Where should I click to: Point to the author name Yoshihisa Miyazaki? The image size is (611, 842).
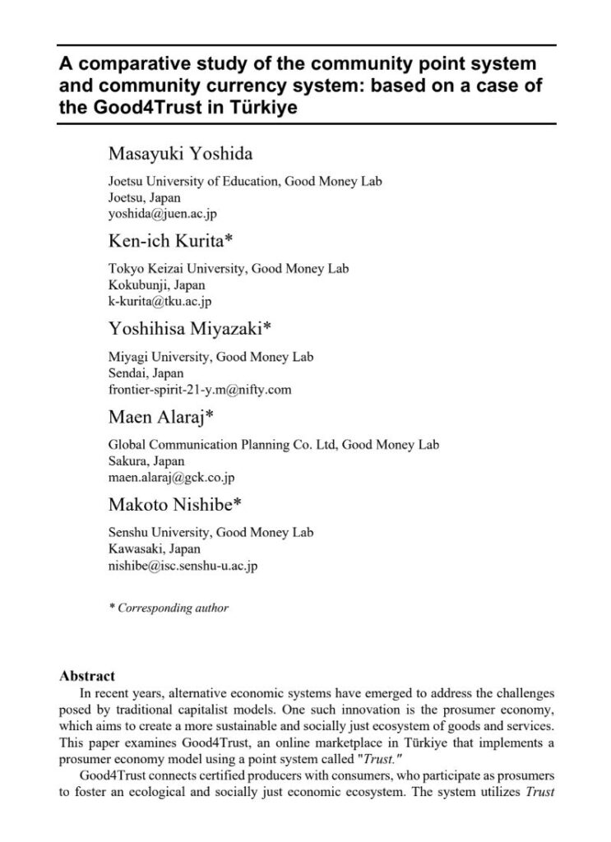(189, 329)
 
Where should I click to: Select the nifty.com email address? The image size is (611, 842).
(200, 388)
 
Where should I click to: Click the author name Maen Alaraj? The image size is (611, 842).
(161, 417)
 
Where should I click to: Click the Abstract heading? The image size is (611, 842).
(87, 676)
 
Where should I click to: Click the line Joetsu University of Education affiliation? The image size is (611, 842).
(245, 182)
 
